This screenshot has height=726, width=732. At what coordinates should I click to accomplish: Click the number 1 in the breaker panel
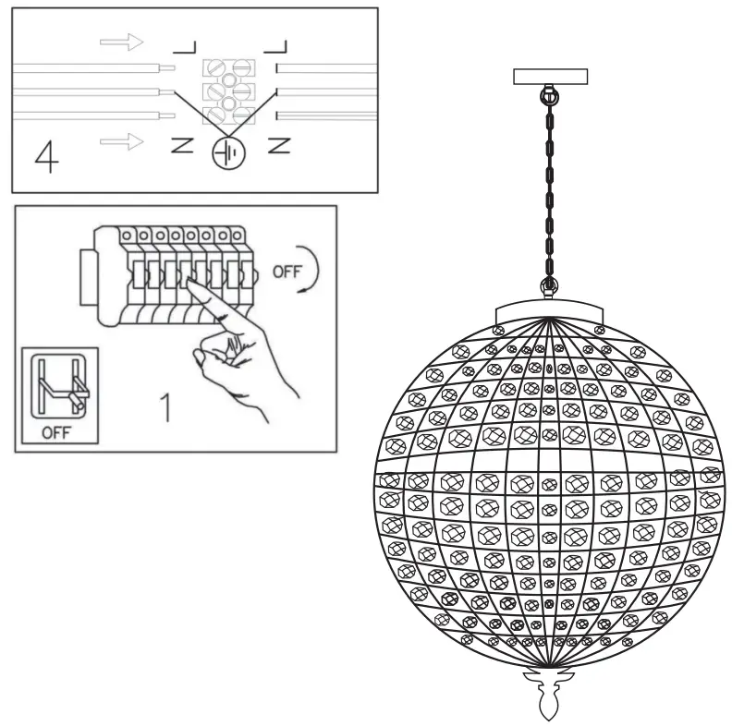166,407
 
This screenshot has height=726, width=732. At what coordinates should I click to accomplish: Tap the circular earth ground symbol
226,151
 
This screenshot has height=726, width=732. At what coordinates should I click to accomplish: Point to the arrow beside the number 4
121,141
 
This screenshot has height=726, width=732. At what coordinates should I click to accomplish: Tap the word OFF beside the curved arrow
287,273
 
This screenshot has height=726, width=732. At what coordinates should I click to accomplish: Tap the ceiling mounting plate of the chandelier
550,77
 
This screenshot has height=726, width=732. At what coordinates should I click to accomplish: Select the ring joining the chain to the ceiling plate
550,94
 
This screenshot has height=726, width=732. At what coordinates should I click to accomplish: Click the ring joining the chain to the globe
550,286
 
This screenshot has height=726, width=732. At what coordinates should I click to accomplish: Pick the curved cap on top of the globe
550,309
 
